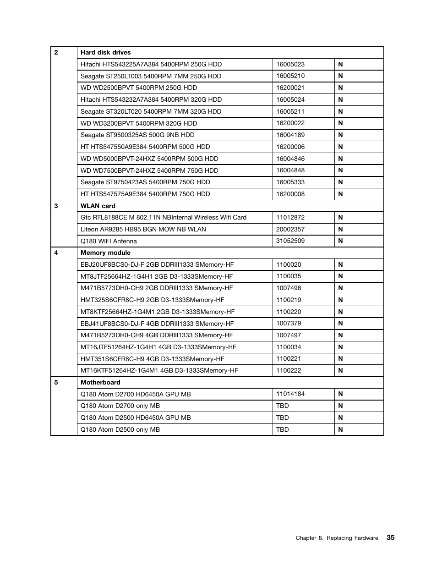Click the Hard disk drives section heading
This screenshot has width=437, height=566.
click(x=105, y=52)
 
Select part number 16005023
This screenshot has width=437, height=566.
click(x=290, y=64)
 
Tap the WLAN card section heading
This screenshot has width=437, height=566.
click(x=98, y=206)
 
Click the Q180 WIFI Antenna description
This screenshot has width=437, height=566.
click(x=109, y=241)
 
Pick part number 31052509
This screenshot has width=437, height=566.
click(x=290, y=241)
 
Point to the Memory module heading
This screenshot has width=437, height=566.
click(x=105, y=253)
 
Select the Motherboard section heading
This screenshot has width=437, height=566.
click(x=100, y=382)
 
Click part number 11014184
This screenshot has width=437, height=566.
click(x=290, y=394)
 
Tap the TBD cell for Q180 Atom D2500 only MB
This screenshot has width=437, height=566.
click(x=282, y=429)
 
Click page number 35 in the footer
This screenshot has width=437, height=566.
click(x=390, y=538)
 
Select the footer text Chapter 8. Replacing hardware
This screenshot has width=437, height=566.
click(x=337, y=538)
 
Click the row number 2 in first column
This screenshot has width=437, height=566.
click(x=56, y=52)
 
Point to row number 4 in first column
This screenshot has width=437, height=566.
click(x=56, y=253)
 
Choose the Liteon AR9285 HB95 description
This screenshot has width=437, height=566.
click(x=143, y=229)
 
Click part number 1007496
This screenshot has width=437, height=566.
click(x=289, y=288)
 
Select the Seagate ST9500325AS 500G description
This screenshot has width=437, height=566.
click(x=137, y=135)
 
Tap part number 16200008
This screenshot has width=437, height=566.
click(x=290, y=194)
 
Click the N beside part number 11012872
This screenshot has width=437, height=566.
click(x=340, y=217)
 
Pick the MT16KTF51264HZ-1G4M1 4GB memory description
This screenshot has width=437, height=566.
click(x=159, y=370)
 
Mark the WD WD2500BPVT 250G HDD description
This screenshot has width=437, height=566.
click(x=139, y=88)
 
